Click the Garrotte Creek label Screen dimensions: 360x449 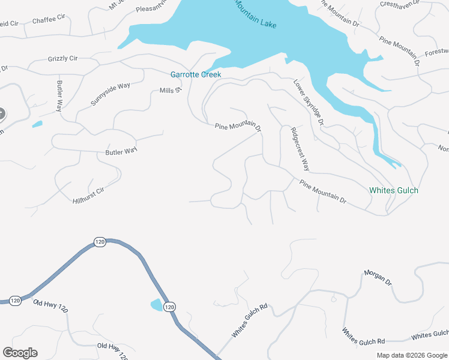[x=196, y=74]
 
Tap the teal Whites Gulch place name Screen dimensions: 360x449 [x=393, y=190]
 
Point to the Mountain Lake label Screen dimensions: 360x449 [x=255, y=16]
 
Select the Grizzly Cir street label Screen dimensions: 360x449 [x=62, y=59]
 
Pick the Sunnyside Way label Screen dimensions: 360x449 [x=110, y=94]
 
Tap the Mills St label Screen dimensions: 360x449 [x=170, y=91]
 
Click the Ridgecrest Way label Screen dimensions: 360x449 [x=300, y=149]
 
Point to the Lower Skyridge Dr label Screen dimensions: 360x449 [x=309, y=102]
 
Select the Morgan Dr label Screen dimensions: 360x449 [x=378, y=277]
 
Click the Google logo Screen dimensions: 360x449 [x=20, y=353]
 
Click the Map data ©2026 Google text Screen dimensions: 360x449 [x=412, y=355]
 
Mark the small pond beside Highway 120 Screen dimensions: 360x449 [x=155, y=304]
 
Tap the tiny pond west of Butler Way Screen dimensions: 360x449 [x=37, y=125]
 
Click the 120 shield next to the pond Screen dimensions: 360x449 [x=170, y=306]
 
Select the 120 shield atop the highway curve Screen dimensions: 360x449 [x=100, y=242]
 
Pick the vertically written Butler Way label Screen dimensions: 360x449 [x=59, y=96]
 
